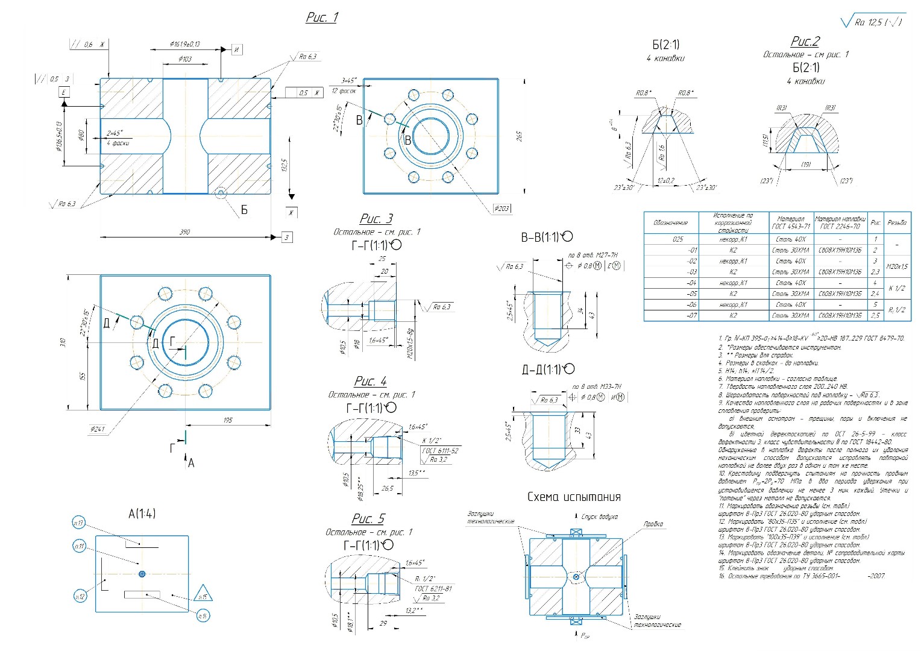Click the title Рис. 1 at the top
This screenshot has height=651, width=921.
322,17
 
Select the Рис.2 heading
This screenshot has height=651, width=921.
805,41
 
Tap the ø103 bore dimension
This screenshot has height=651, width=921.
185,59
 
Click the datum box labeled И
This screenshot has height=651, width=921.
237,49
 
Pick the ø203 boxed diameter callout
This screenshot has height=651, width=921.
501,208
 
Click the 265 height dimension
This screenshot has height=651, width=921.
519,136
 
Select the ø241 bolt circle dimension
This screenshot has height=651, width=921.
97,429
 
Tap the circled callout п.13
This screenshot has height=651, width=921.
78,523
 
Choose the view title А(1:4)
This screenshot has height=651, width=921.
142,514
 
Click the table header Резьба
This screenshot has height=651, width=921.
896,222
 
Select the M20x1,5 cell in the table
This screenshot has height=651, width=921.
897,266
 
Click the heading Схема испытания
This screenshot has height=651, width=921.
574,497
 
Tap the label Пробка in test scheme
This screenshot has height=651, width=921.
653,524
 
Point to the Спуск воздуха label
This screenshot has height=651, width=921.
599,517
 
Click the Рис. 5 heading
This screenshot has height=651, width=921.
368,519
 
